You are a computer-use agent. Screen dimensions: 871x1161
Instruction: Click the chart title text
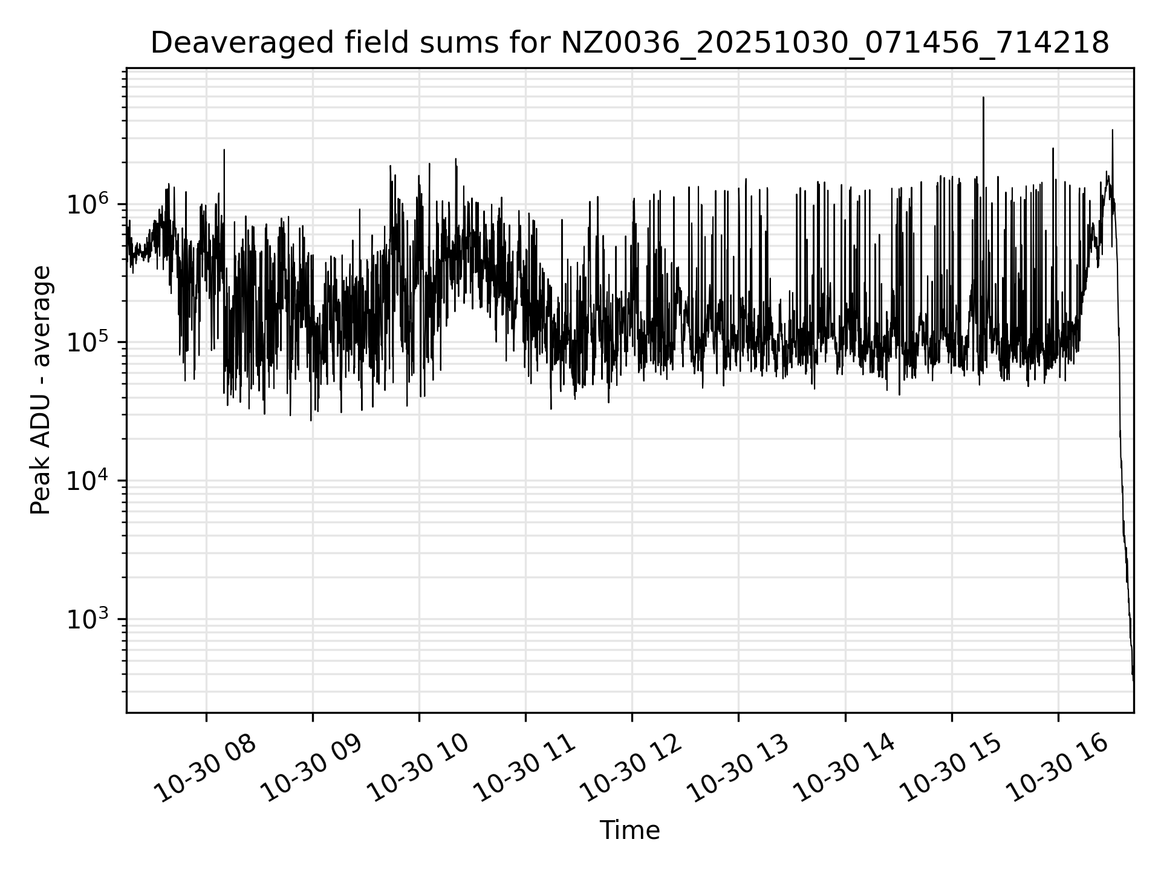point(629,44)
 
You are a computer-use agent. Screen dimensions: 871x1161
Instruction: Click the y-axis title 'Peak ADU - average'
point(41,390)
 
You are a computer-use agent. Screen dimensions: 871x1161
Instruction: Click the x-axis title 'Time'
point(629,830)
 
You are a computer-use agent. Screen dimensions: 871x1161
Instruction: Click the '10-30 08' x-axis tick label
point(204,768)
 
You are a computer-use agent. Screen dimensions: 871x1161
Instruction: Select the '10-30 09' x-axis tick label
point(311,768)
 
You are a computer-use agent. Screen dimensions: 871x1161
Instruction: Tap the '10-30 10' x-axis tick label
point(417,768)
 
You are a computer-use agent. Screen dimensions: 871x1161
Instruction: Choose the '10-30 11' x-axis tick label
point(524,768)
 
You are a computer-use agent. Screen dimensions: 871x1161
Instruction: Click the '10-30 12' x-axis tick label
point(630,768)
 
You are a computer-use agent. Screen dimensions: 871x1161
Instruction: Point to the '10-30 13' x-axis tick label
point(737,768)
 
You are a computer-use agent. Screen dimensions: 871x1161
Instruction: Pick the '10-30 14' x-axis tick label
point(844,768)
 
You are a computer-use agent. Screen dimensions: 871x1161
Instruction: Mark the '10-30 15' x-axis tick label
point(950,768)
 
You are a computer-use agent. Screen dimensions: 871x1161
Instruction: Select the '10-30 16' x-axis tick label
point(1056,768)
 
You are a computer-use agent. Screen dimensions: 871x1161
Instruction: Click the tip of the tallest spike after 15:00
point(983,97)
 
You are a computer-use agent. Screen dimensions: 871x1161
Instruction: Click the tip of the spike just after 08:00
point(224,150)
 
